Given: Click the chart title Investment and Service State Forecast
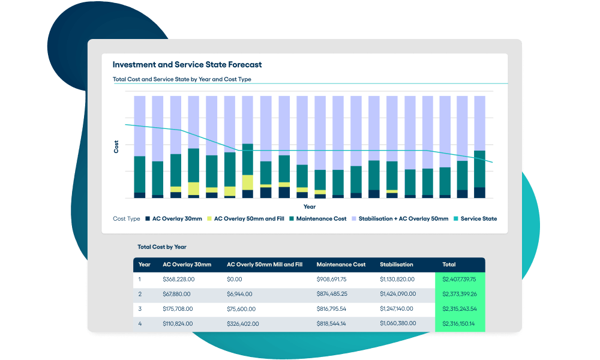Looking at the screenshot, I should (x=187, y=65).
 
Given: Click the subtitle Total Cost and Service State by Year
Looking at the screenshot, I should (x=182, y=79).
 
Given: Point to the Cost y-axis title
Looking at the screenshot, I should (x=116, y=146).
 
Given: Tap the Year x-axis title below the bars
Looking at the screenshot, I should (x=310, y=206).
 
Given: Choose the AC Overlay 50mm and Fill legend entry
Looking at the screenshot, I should (x=245, y=219).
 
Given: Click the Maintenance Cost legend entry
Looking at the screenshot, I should (x=317, y=219).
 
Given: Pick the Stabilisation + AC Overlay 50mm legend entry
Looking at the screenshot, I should (x=399, y=219).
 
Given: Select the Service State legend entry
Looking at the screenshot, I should (x=475, y=219).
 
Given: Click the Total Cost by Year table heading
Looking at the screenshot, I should (x=162, y=247).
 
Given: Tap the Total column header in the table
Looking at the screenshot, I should (x=449, y=265).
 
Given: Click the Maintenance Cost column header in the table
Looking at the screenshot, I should (x=341, y=265).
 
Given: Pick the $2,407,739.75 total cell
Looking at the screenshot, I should (x=459, y=279).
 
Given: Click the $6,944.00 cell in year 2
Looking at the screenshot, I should (x=239, y=294).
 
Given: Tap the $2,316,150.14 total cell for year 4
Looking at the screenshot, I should (x=459, y=324).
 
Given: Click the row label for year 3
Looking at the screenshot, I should (x=140, y=309).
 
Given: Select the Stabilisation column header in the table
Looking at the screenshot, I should (x=397, y=265).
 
